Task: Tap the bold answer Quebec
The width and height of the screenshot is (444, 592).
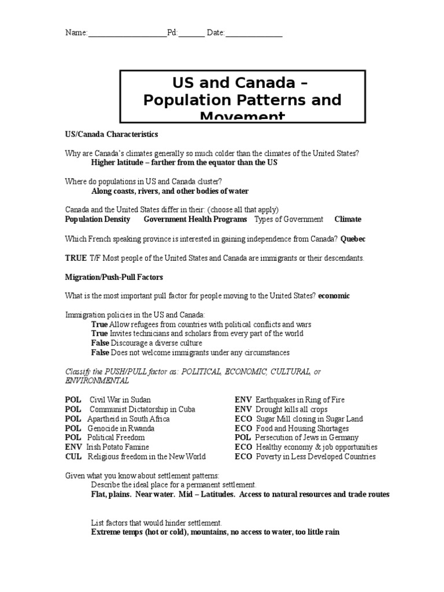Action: [353, 239]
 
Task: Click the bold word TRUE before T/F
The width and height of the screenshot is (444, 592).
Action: [75, 258]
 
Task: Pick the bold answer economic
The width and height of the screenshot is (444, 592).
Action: [334, 296]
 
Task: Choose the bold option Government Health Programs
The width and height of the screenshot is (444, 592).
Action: [195, 220]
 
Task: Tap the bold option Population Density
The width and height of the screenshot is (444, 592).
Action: [97, 220]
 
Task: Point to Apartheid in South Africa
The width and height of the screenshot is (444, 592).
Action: [128, 419]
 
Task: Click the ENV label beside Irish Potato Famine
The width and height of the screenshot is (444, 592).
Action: [73, 447]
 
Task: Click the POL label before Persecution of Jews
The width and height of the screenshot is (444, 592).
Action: [243, 438]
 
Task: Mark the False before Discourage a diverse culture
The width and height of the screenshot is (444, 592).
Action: [100, 343]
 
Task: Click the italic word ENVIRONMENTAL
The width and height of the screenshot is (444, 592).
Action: [97, 382]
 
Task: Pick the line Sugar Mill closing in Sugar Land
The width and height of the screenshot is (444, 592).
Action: [309, 419]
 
